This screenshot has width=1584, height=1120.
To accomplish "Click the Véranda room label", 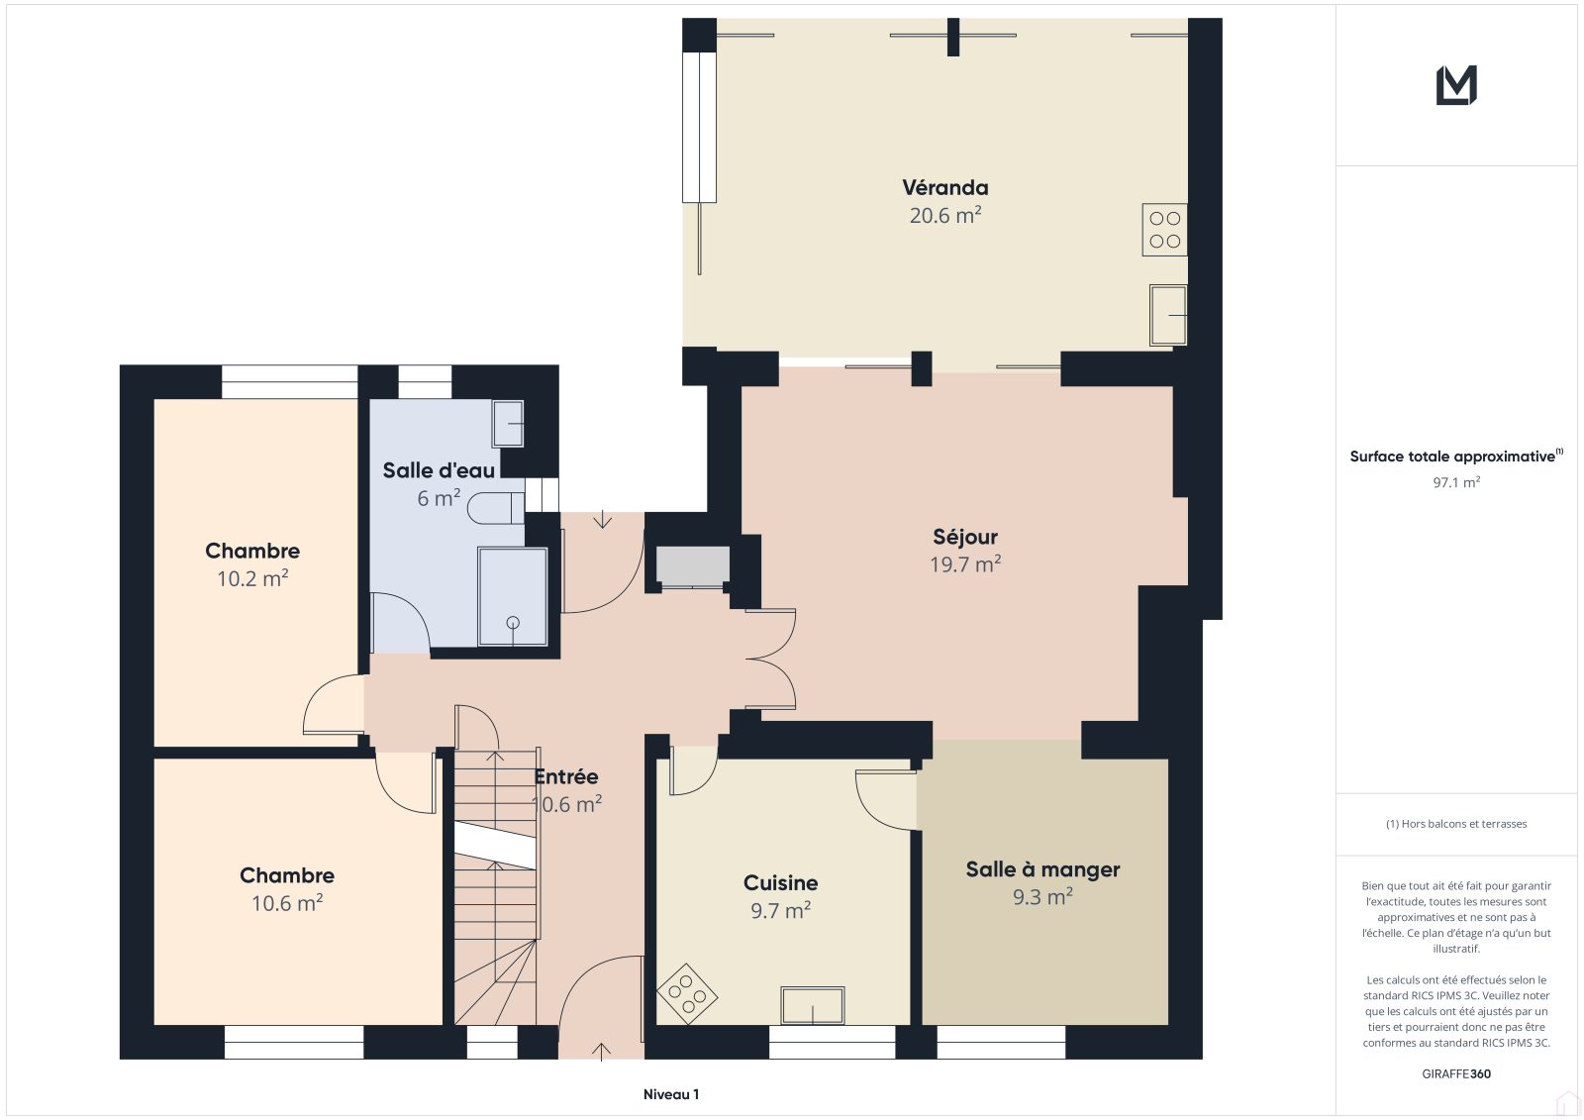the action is tap(944, 187).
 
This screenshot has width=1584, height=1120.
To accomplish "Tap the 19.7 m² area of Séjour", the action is tap(965, 564).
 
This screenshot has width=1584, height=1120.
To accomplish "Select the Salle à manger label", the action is tap(1042, 868).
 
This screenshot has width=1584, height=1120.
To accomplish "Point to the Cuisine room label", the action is tap(780, 882).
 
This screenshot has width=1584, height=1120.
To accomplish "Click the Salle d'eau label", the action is tap(439, 469).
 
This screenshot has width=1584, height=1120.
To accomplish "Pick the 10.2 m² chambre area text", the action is tap(252, 578).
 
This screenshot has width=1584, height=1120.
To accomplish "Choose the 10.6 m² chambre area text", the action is tap(287, 903).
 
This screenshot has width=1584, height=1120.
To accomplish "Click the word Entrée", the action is tap(565, 776).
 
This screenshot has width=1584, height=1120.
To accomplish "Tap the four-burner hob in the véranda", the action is tap(1164, 230).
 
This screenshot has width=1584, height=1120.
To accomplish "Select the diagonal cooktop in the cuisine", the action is tap(687, 994).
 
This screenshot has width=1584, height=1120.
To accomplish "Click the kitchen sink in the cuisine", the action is tap(813, 1005).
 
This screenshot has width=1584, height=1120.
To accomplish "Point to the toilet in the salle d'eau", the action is tap(495, 508).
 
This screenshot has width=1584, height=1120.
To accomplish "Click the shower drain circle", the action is tap(513, 623).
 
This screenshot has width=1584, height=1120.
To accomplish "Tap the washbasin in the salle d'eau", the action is tap(508, 424).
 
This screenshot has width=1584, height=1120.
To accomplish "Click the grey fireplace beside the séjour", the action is tap(692, 566).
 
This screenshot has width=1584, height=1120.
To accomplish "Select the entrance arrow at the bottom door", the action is tap(601, 1052).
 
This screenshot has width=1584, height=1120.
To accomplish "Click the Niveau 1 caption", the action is tap(671, 1094).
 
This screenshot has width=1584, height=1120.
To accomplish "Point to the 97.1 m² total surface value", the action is tap(1456, 482).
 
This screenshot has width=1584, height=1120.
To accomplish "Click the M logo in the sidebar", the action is tap(1456, 85).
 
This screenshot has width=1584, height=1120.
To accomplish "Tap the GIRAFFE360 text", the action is tap(1456, 1073).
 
